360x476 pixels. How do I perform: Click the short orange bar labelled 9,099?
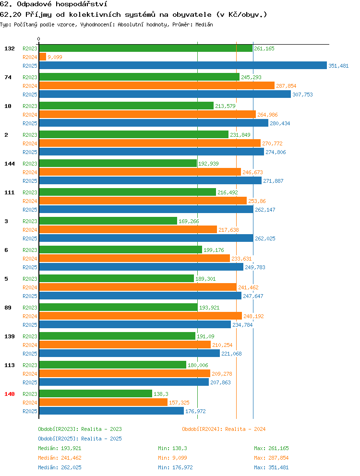pos(43,57)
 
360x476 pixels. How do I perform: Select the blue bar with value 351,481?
pos(183,66)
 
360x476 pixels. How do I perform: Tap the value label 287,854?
pos(286,86)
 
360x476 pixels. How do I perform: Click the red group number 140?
pos(10,394)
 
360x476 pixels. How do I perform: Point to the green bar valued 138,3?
pos(96,394)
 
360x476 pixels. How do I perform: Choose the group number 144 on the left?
pos(10,164)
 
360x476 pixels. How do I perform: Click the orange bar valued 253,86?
pos(143,201)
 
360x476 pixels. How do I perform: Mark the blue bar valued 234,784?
pos(135,324)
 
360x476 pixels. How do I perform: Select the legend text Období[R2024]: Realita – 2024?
pos(224,429)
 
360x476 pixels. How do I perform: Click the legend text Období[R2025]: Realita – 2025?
pos(80,439)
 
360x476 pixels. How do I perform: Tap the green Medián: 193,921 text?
pos(60,448)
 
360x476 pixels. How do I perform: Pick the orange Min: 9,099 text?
pos(172,458)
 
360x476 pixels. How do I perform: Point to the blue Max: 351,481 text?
pos(271,467)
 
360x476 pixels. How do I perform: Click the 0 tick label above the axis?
pos(38,39)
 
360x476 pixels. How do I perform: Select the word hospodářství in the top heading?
pos(82,4)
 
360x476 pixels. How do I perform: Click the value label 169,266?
pos(189,221)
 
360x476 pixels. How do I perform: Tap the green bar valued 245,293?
pos(139,77)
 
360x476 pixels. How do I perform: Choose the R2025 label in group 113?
pos(30,382)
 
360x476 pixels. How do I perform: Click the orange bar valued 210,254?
pos(125,345)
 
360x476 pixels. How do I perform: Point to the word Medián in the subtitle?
pos(204,24)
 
